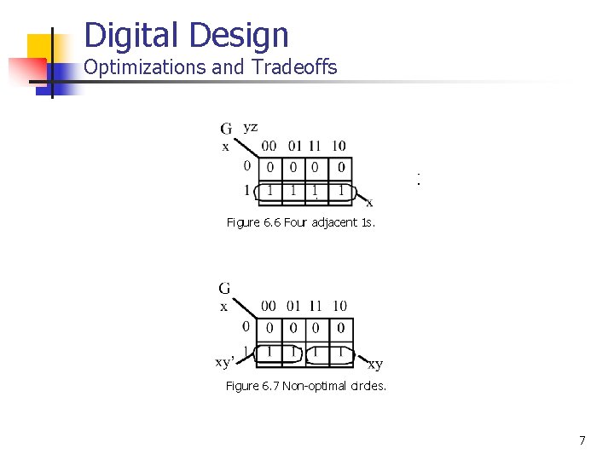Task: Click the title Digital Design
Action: (x=187, y=35)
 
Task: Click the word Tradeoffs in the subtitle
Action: (x=292, y=67)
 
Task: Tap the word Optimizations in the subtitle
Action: (x=146, y=67)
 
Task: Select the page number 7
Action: (x=582, y=440)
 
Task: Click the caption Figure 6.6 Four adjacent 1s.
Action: (x=300, y=222)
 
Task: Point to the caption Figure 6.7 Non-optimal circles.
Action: (x=305, y=386)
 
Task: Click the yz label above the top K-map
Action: (x=251, y=128)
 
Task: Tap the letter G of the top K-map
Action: (x=227, y=129)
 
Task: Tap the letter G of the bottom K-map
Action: (x=224, y=289)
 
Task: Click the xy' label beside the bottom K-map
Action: (x=224, y=363)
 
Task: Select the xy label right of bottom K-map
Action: (x=375, y=365)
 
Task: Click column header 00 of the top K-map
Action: (x=269, y=146)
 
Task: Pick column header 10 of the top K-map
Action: (x=339, y=146)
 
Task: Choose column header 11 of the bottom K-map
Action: (x=316, y=306)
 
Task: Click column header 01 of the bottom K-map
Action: (x=293, y=306)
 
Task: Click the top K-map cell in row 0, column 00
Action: (x=269, y=167)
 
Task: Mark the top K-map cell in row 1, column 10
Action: (x=340, y=191)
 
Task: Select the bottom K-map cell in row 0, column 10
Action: (x=340, y=328)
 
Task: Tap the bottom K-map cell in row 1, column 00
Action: (x=269, y=351)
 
